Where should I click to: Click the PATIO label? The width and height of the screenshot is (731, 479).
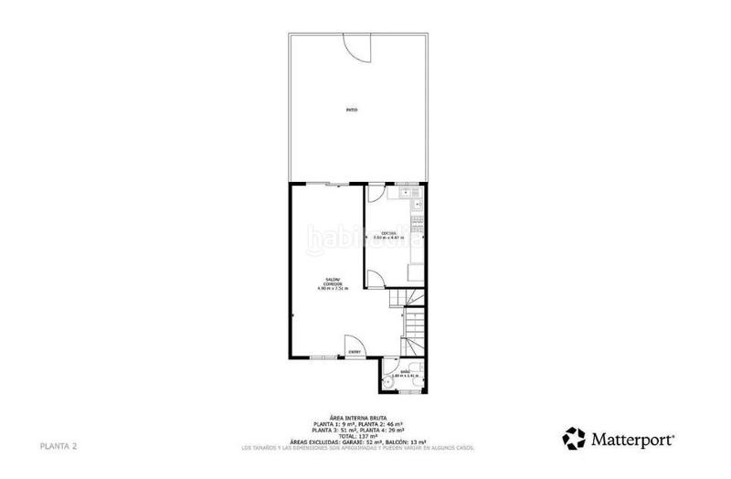click(351, 111)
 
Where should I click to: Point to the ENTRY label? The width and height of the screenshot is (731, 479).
click(354, 352)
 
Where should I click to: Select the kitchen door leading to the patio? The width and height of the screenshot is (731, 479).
click(375, 192)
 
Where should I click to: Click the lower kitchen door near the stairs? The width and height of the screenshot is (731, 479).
click(374, 275)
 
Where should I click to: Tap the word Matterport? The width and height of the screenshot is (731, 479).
click(631, 438)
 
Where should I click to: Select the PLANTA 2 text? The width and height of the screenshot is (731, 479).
click(58, 446)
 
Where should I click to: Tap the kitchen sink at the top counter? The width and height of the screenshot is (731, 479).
click(413, 194)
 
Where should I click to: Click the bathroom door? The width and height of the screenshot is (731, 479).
click(398, 358)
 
